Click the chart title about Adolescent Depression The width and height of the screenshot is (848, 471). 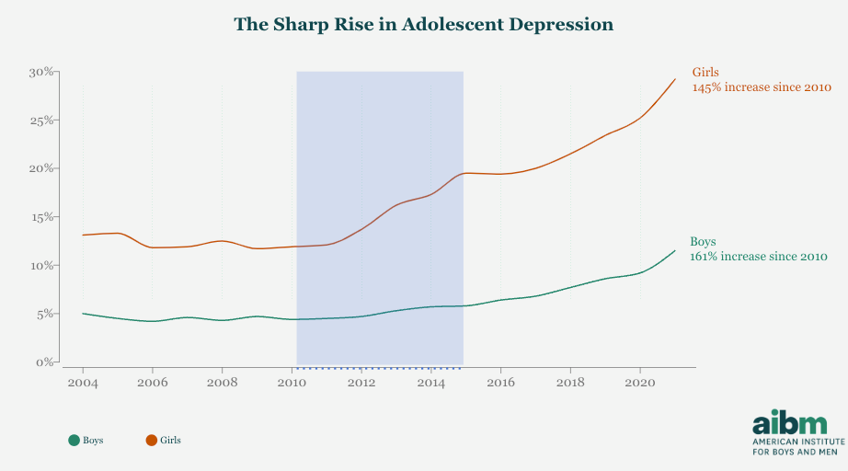point(423,25)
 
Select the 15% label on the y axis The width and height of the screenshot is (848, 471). point(43,217)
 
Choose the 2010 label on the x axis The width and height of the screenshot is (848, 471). point(292,382)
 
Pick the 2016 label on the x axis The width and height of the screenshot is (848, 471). point(500,382)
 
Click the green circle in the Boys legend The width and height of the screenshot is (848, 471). point(74,441)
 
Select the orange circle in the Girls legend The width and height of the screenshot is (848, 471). point(152,441)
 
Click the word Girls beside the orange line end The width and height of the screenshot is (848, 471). point(705,72)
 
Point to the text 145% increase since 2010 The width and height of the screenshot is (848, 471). point(762,87)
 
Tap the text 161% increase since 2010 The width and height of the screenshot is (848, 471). point(759,257)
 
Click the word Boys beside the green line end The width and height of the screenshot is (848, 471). point(703,241)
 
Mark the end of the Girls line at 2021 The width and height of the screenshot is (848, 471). point(675,79)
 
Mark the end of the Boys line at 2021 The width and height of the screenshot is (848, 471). point(675,250)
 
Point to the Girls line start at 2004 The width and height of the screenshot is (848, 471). point(83,235)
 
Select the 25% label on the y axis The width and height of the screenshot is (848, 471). point(43,121)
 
